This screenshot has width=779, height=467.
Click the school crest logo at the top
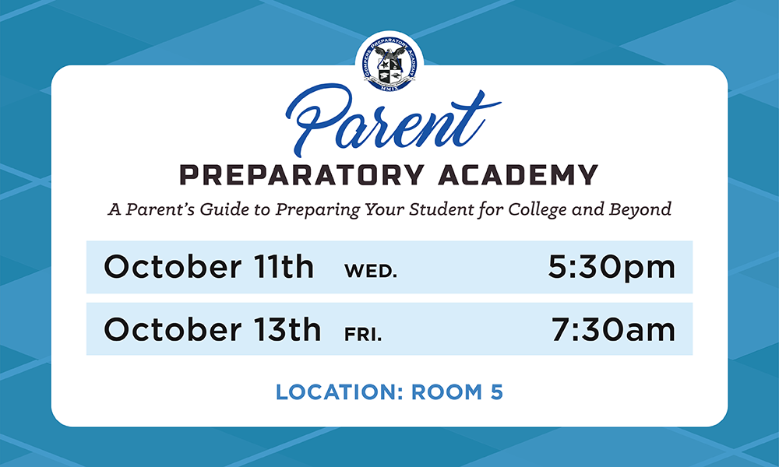pyautogui.click(x=389, y=64)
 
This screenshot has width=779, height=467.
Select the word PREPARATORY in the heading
pyautogui.click(x=301, y=174)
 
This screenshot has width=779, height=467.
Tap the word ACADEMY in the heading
pyautogui.click(x=518, y=174)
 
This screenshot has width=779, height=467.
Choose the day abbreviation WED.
pyautogui.click(x=371, y=271)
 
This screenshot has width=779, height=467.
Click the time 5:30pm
pyautogui.click(x=612, y=268)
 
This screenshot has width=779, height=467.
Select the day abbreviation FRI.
pyautogui.click(x=363, y=334)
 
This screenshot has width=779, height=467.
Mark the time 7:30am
pyautogui.click(x=614, y=329)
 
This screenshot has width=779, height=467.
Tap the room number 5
pyautogui.click(x=497, y=392)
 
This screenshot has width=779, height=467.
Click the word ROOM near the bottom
pyautogui.click(x=446, y=392)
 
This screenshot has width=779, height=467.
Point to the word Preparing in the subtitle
pyautogui.click(x=318, y=209)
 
